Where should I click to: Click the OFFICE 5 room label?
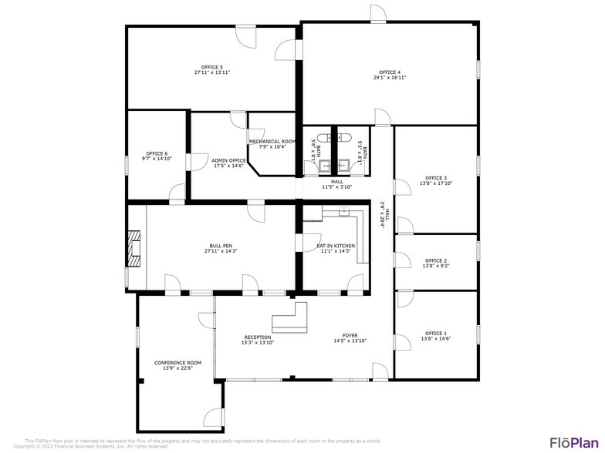click(212, 67)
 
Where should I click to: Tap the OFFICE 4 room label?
click(390, 72)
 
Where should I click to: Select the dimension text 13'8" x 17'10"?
click(435, 183)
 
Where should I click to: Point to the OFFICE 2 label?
click(435, 260)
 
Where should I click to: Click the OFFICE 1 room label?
click(435, 334)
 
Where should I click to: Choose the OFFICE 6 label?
click(157, 153)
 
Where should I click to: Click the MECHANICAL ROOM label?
click(272, 142)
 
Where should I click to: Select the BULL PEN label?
click(220, 246)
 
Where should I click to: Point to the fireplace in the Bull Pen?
click(135, 248)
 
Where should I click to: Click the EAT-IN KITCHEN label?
click(336, 246)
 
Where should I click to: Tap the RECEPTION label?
click(258, 337)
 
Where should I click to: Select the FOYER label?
click(350, 336)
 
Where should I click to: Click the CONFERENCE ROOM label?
click(177, 363)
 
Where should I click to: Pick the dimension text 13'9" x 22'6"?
click(177, 368)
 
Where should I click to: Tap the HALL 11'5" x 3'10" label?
click(336, 184)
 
